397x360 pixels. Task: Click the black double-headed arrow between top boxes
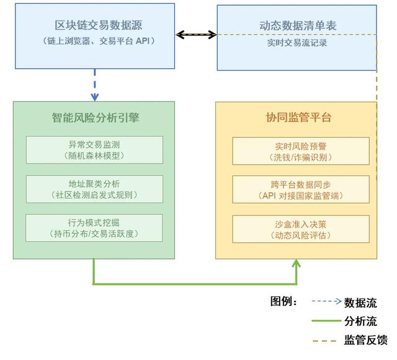[196, 35]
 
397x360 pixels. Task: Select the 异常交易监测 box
[94, 150]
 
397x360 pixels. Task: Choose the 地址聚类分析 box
[94, 189]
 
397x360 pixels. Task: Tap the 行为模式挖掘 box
[94, 228]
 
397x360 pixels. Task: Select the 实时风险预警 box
[300, 151]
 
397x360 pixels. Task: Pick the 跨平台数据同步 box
[300, 190]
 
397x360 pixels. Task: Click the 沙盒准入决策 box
[300, 229]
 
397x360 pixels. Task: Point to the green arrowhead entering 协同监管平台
[297, 264]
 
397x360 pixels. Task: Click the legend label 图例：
[285, 302]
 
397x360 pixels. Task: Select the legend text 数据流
[360, 302]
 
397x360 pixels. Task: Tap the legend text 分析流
[360, 321]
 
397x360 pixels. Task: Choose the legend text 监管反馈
[365, 340]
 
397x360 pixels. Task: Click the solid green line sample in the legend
[326, 321]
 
